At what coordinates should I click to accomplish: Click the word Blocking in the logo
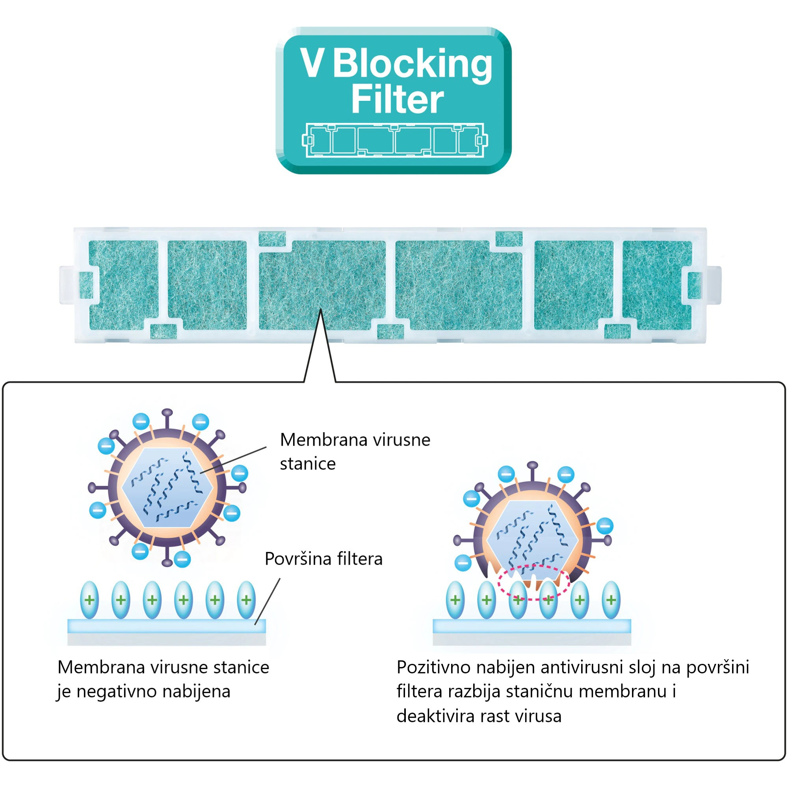(x=413, y=64)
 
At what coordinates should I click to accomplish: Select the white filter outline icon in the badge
(x=394, y=140)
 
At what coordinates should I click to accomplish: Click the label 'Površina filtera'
(x=323, y=559)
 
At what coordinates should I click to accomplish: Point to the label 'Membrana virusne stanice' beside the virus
(x=355, y=451)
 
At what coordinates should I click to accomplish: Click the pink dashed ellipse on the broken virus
(x=533, y=582)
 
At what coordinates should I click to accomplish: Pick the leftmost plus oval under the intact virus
(x=90, y=600)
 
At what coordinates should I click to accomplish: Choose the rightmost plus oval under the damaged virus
(x=611, y=600)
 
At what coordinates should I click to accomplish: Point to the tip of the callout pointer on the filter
(x=321, y=310)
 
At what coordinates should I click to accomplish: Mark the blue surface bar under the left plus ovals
(x=166, y=626)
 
